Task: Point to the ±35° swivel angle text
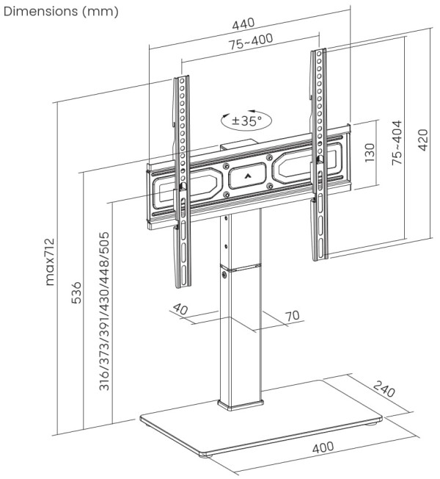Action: (x=247, y=120)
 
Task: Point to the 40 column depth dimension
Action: (x=181, y=309)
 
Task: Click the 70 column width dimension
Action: (x=292, y=316)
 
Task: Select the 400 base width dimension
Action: (x=323, y=447)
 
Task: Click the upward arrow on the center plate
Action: (x=246, y=176)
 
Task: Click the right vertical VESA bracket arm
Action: (x=318, y=154)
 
